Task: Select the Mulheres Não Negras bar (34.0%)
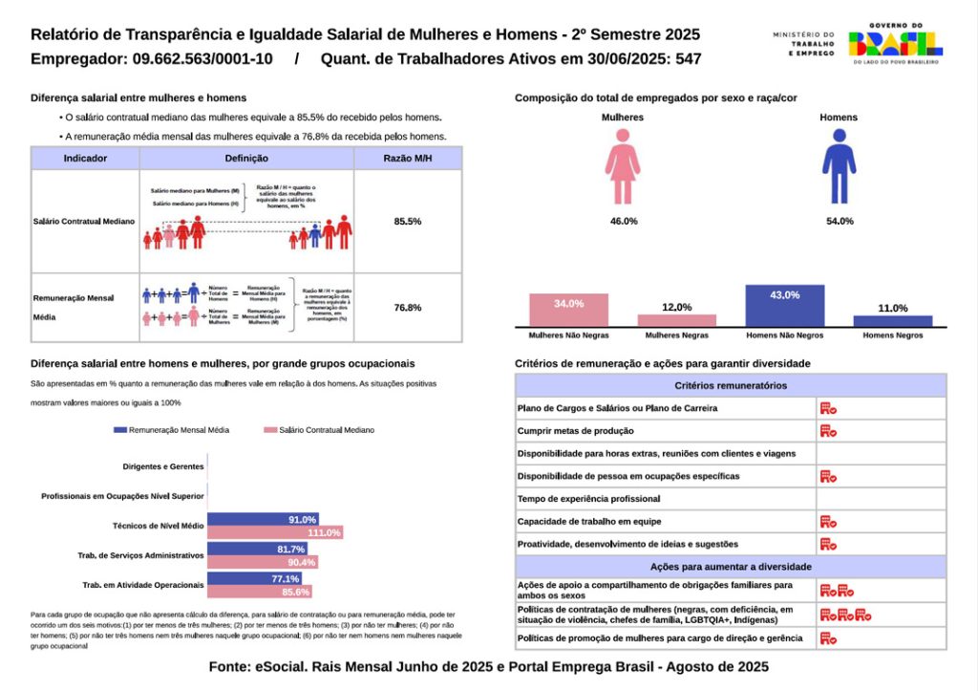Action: tap(568, 310)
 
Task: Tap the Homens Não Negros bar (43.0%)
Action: tap(784, 305)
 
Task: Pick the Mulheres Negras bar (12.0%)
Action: tap(676, 320)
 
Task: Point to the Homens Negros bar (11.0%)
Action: tap(892, 321)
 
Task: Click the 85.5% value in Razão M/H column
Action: tap(408, 221)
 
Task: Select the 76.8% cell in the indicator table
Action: tap(408, 308)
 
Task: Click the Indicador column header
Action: tap(85, 159)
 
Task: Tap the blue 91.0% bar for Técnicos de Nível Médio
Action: tap(255, 520)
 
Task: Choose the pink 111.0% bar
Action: tap(275, 532)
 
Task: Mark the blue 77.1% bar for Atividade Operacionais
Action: tap(255, 579)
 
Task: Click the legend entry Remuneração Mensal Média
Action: tap(171, 430)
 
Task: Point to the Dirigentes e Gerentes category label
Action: tap(163, 466)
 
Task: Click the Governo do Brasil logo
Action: tap(894, 43)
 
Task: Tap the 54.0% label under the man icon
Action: tap(839, 221)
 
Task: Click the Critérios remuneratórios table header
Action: tap(731, 385)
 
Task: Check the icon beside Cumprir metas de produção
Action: tap(828, 431)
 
